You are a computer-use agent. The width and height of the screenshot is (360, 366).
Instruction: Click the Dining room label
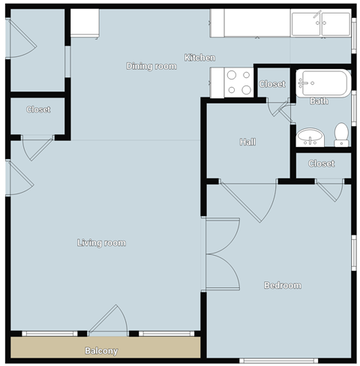click(151, 66)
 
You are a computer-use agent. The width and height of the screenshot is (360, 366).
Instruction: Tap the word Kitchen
click(200, 58)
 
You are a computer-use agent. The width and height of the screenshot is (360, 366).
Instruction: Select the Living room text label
click(101, 242)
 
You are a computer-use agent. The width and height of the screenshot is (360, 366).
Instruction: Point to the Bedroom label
click(282, 285)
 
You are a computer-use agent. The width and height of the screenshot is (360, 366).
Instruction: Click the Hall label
click(248, 142)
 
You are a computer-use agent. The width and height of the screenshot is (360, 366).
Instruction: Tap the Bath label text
click(319, 100)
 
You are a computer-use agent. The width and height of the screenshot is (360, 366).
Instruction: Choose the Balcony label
click(100, 350)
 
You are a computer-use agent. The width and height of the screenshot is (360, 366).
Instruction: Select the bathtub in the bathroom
click(322, 82)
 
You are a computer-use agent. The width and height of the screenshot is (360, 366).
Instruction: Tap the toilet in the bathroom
click(341, 134)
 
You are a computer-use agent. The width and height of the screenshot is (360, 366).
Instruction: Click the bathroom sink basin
click(309, 136)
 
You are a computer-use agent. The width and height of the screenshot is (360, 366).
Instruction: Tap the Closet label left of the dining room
click(38, 109)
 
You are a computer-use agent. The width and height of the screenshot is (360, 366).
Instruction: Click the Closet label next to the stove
click(272, 84)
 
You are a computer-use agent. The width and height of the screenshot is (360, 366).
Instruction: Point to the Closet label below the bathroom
click(321, 163)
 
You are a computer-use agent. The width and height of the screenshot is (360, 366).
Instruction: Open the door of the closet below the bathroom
click(330, 190)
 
